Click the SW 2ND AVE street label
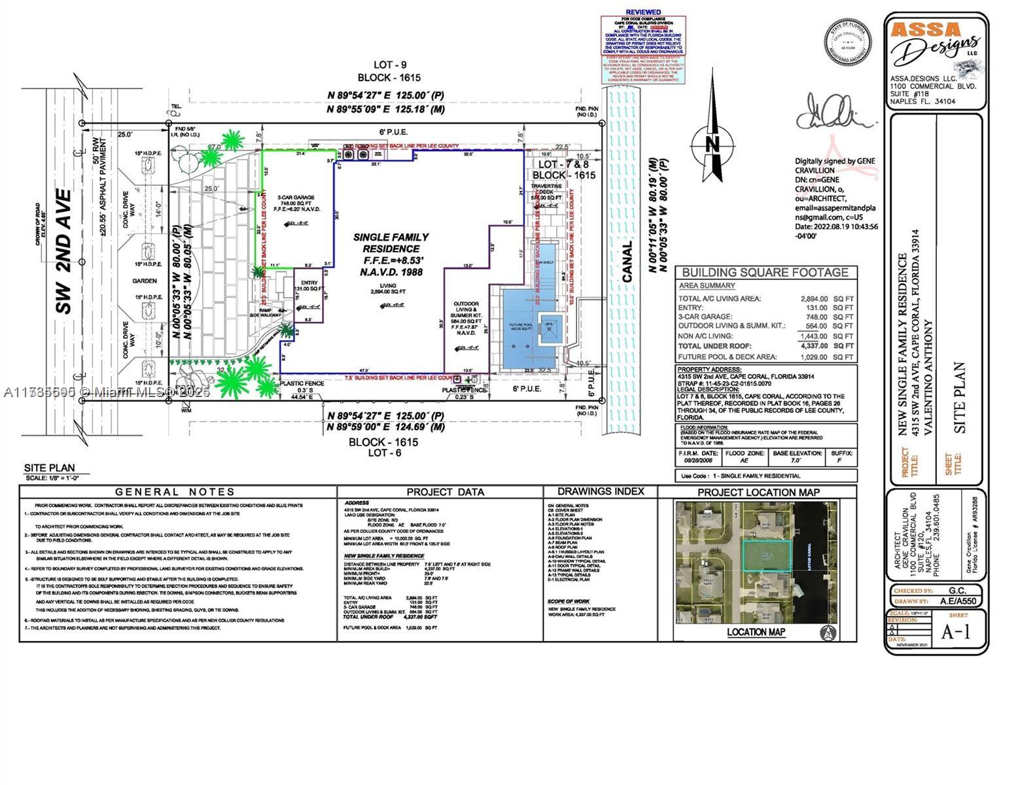point(63,251)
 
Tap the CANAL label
point(627,262)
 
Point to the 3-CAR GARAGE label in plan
point(296,197)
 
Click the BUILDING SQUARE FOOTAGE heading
point(765,272)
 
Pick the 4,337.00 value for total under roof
point(814,345)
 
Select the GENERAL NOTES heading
point(175,492)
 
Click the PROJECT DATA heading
point(445,492)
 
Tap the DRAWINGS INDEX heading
point(601,491)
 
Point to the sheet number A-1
point(956,631)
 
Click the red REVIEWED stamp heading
point(643,12)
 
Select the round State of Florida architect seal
point(849,41)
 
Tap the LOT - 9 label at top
point(390,65)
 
